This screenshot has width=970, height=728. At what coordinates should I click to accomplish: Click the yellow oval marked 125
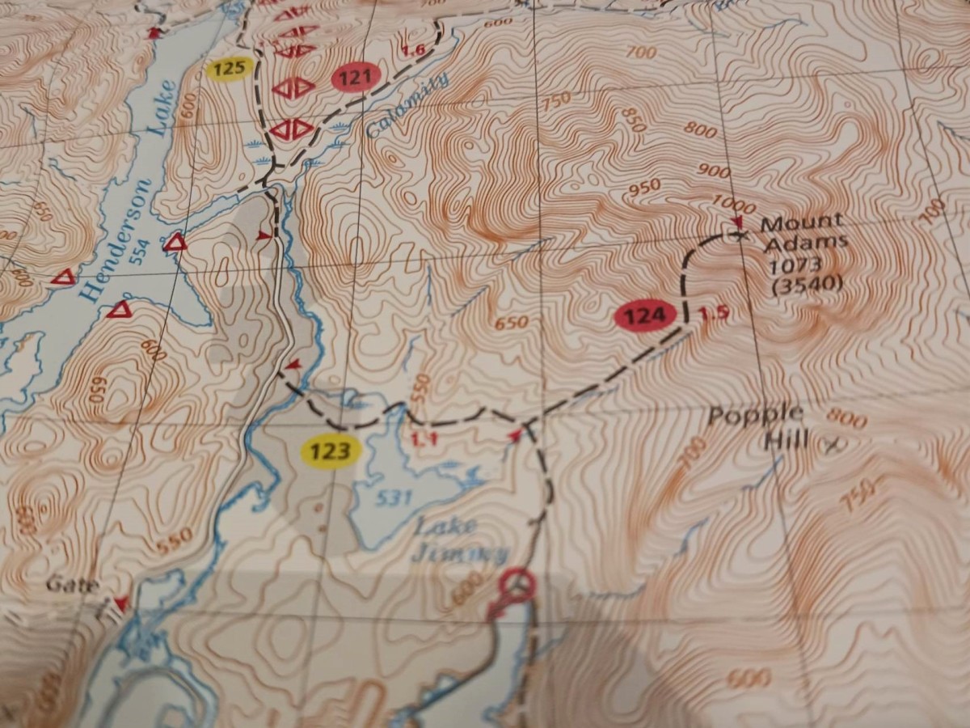pyautogui.click(x=230, y=70)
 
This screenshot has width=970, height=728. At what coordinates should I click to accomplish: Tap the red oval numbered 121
pyautogui.click(x=356, y=78)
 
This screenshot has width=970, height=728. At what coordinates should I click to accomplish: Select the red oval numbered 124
pyautogui.click(x=644, y=316)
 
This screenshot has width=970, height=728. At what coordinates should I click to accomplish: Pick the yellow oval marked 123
pyautogui.click(x=329, y=451)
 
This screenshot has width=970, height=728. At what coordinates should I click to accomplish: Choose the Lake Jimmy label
pyautogui.click(x=453, y=540)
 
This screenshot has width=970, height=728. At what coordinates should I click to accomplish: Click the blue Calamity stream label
pyautogui.click(x=407, y=105)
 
